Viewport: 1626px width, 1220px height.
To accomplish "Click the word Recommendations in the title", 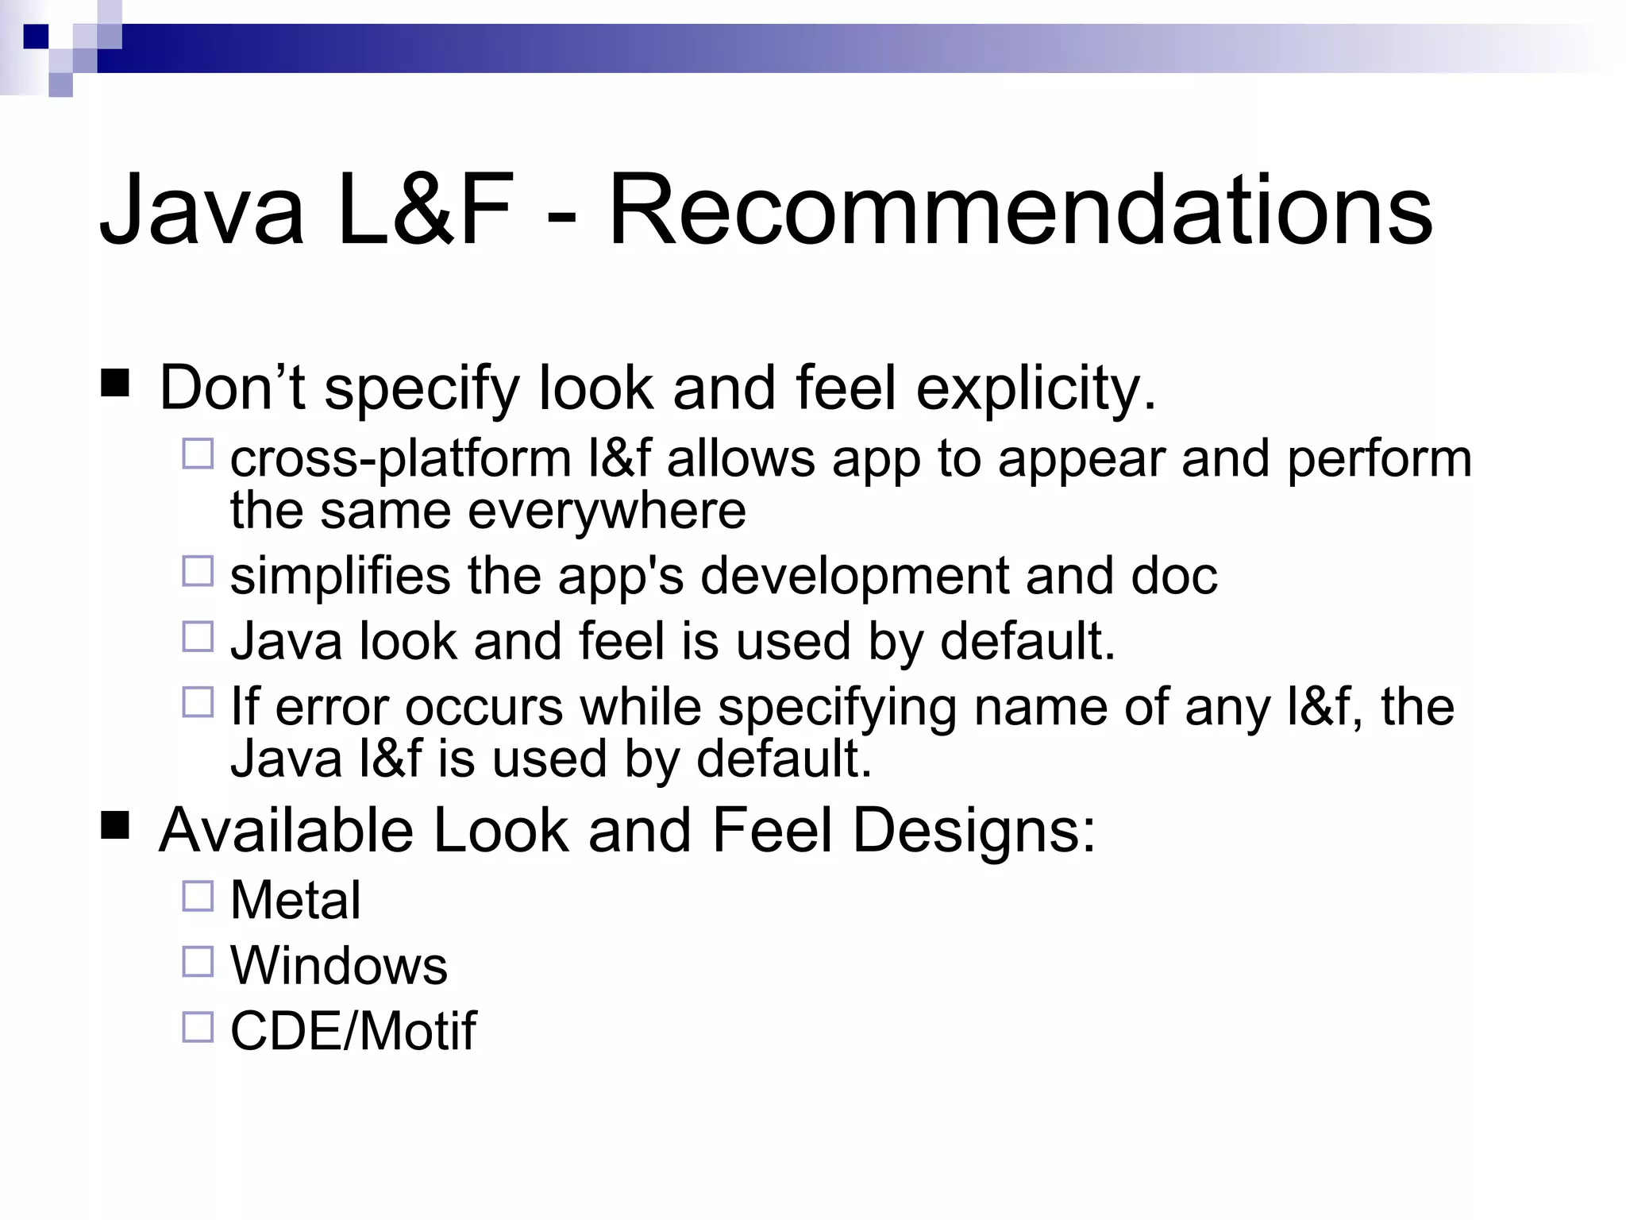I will [x=1020, y=210].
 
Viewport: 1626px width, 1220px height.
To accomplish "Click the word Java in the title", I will [x=202, y=210].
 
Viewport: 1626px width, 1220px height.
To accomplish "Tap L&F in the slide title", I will [x=426, y=210].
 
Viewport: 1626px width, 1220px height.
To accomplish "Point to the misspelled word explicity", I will [x=1035, y=389].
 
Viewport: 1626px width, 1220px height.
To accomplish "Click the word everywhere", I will [x=607, y=511].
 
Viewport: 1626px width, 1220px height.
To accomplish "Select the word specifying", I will [x=837, y=708].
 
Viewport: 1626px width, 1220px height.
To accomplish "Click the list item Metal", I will [x=295, y=901].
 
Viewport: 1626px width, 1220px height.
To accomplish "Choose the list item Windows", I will [x=339, y=966].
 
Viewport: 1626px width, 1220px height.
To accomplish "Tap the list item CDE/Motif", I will [x=353, y=1031].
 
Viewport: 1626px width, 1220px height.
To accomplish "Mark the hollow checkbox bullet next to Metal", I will [x=198, y=896].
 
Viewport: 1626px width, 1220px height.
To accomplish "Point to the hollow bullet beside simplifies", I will [x=198, y=571].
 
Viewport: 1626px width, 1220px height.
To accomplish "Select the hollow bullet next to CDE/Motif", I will [x=198, y=1026].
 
